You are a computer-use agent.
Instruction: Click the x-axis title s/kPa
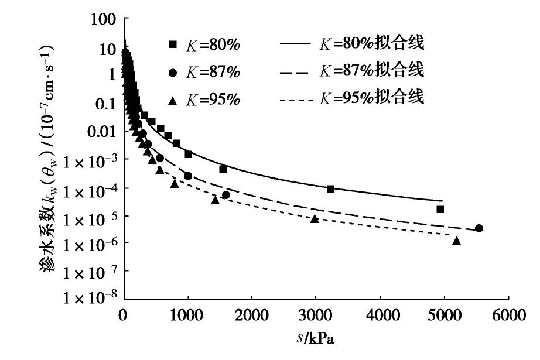point(316,339)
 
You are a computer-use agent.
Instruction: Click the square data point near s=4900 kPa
point(440,209)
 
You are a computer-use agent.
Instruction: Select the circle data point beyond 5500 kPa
point(479,228)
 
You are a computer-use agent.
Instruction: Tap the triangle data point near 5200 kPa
point(457,241)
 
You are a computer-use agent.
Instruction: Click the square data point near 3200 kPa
point(330,188)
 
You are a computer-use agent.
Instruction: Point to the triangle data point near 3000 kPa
point(315,218)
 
